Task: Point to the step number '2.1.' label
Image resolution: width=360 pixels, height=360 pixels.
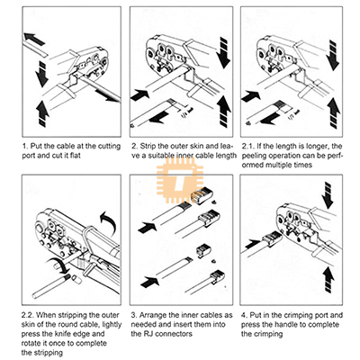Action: (248, 147)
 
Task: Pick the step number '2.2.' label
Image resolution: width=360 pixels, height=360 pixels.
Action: (28, 315)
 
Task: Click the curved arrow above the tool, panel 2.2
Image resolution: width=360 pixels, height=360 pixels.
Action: (109, 222)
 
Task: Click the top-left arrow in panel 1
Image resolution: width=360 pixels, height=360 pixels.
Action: (34, 39)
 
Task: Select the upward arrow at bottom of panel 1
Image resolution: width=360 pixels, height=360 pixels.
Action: (42, 113)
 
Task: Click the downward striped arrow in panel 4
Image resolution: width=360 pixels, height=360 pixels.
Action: (328, 195)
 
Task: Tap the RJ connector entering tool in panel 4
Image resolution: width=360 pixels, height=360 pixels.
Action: (271, 239)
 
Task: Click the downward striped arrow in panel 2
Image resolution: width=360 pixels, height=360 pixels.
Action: (223, 53)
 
